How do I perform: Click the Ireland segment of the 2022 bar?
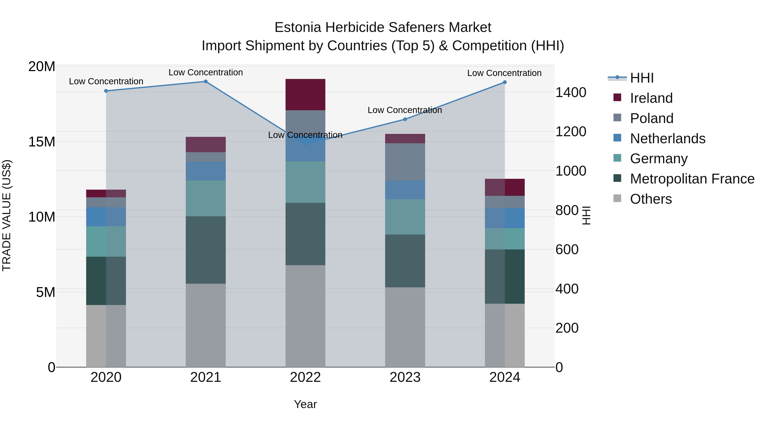(x=305, y=95)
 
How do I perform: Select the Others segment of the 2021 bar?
(x=206, y=325)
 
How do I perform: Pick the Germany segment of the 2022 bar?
(x=305, y=182)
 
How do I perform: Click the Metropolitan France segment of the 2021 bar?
(x=206, y=250)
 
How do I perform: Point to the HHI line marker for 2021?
(x=206, y=82)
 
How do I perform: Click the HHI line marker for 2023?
(x=405, y=119)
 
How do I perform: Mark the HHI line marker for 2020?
(x=106, y=91)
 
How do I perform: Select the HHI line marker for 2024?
(x=505, y=82)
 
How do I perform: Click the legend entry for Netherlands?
(x=667, y=139)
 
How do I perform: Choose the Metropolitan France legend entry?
(x=692, y=179)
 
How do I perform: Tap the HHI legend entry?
(x=642, y=78)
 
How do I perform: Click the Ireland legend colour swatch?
(x=617, y=97)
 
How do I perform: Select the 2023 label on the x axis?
(x=405, y=377)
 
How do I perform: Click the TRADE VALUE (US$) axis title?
(x=7, y=215)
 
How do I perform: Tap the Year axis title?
(x=305, y=404)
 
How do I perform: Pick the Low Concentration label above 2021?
(x=206, y=72)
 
